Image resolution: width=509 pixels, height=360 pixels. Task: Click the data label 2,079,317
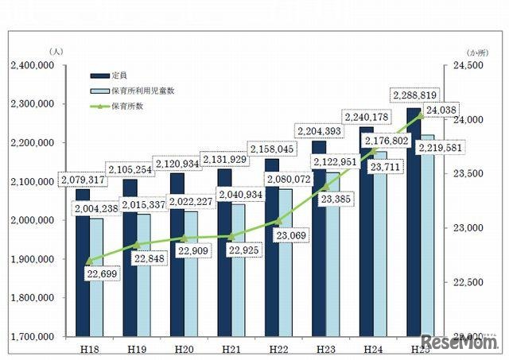pos(84,180)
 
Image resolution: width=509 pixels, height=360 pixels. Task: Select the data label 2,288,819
pos(414,95)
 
